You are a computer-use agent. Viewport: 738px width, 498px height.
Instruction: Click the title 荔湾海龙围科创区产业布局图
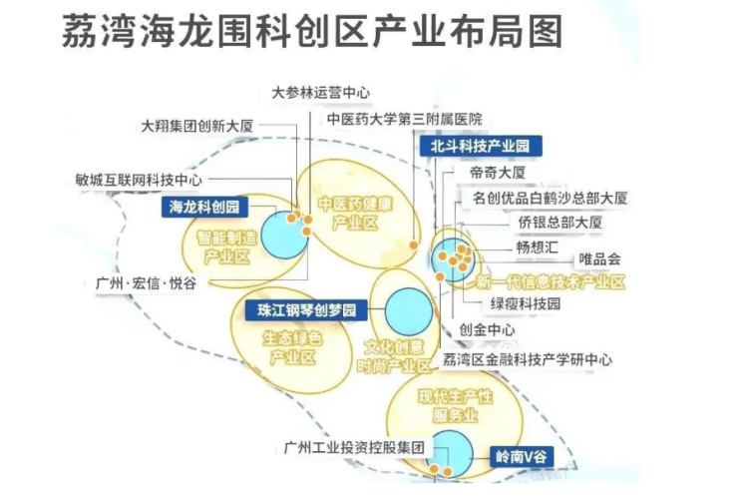(312, 31)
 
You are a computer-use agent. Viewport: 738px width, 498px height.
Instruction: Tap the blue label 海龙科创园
(204, 207)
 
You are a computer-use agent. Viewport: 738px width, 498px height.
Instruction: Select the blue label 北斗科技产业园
(481, 146)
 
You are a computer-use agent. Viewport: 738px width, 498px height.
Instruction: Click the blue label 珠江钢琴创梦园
(306, 310)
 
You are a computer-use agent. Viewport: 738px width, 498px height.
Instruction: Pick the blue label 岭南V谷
(522, 456)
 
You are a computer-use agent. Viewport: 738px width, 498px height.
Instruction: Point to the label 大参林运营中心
(320, 93)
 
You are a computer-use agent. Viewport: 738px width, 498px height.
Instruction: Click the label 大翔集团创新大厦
(197, 126)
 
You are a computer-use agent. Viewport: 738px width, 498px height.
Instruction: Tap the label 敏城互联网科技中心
(139, 180)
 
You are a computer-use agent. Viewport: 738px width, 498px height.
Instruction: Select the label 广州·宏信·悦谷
(146, 283)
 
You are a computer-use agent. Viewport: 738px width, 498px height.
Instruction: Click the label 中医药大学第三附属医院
(405, 119)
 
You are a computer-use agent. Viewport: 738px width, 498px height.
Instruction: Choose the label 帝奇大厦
(498, 173)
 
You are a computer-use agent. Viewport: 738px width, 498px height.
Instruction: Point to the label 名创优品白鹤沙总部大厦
(550, 198)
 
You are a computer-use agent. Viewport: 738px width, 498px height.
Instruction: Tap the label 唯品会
(599, 259)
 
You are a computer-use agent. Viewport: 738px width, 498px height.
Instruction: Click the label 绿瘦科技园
(526, 303)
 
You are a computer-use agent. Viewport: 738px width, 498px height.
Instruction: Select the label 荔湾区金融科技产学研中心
(528, 360)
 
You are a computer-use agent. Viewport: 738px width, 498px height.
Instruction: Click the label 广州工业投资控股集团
(354, 447)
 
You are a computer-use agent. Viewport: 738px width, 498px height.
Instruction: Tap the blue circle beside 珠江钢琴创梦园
(409, 312)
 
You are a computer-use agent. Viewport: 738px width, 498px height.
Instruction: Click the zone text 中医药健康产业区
(355, 214)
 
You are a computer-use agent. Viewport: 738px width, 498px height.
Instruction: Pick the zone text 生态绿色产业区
(292, 347)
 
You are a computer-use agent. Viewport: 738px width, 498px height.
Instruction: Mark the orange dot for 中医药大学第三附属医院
(413, 245)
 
